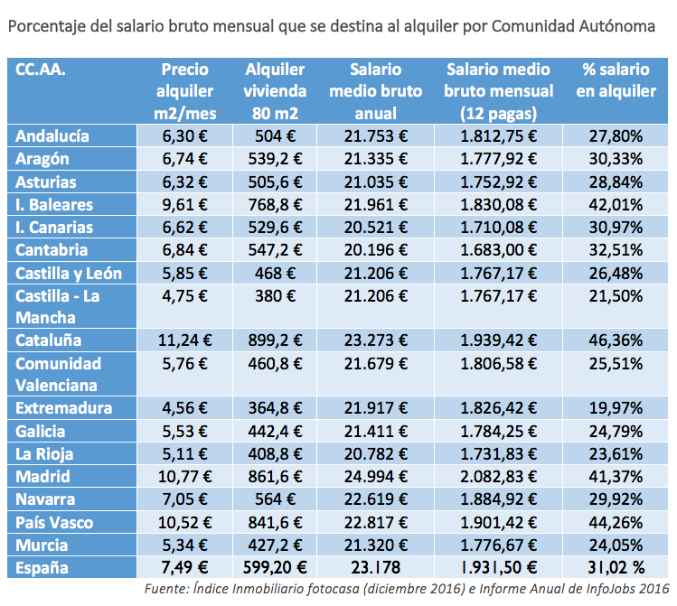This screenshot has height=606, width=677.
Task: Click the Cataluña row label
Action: pos(49,340)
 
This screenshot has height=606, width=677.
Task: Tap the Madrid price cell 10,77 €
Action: pos(184,476)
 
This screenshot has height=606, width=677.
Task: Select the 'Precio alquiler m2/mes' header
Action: pos(184,91)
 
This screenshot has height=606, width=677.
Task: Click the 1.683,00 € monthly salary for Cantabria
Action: pos(499,249)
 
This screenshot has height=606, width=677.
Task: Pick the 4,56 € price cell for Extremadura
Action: pos(184,408)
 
